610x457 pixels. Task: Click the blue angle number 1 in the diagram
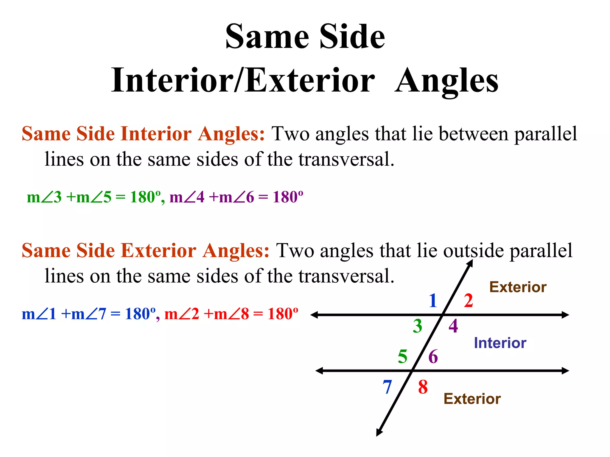433,301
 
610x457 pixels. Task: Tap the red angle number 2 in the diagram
468,301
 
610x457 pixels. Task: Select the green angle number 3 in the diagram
418,326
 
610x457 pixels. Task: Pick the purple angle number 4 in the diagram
453,326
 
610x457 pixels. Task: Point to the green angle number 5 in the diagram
403,356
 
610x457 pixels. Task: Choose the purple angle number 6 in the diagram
433,356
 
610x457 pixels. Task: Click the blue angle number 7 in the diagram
387,387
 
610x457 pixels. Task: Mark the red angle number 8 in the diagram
423,387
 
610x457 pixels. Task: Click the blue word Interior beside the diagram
500,343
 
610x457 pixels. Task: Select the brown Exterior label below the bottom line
472,399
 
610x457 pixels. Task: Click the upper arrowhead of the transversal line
470,263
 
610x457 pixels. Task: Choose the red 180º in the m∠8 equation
283,314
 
